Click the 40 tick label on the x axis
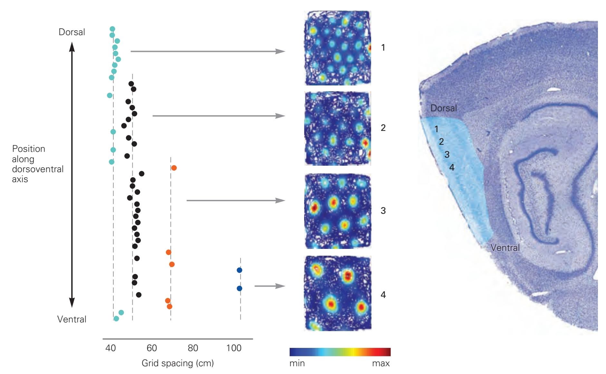tap(111, 348)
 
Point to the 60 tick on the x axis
tap(152, 348)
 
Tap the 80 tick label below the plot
tap(193, 348)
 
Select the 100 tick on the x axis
tap(234, 348)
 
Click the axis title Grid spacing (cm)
tap(178, 363)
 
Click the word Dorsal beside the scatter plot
tap(72, 32)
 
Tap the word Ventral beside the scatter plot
tap(72, 320)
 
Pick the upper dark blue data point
tap(239, 270)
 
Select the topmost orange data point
tap(174, 168)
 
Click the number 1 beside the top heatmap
tap(383, 48)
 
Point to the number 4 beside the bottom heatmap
tap(383, 295)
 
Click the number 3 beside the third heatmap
tap(383, 211)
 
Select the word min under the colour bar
tap(297, 364)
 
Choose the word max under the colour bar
tap(381, 364)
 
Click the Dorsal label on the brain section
tap(444, 108)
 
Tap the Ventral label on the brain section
tap(505, 248)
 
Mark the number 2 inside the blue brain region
tap(441, 142)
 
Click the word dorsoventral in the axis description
tap(38, 169)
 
